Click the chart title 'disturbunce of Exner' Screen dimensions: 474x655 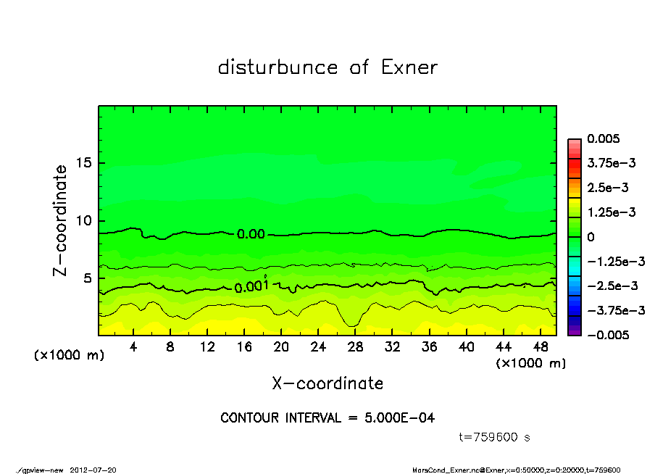[x=327, y=67]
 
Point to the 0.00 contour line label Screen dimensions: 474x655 [x=251, y=234]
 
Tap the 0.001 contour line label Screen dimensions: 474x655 [x=251, y=287]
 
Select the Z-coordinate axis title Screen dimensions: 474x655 [x=60, y=220]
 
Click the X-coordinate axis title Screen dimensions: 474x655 [x=327, y=383]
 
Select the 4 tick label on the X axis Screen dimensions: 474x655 [x=133, y=347]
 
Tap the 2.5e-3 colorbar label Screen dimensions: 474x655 [x=607, y=188]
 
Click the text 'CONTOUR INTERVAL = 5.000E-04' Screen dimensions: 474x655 [x=327, y=418]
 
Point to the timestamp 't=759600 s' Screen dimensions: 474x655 [x=495, y=437]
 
